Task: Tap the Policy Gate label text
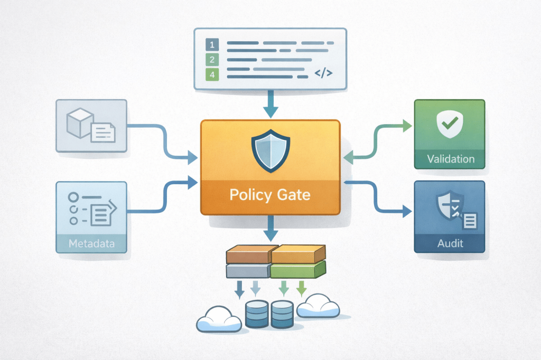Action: [x=270, y=195]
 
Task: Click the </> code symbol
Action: [x=323, y=73]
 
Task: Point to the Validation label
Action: [x=450, y=158]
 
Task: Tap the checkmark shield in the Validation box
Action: [x=450, y=124]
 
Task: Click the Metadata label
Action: [x=91, y=243]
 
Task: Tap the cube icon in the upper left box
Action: [x=79, y=122]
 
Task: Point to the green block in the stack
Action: [x=296, y=271]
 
